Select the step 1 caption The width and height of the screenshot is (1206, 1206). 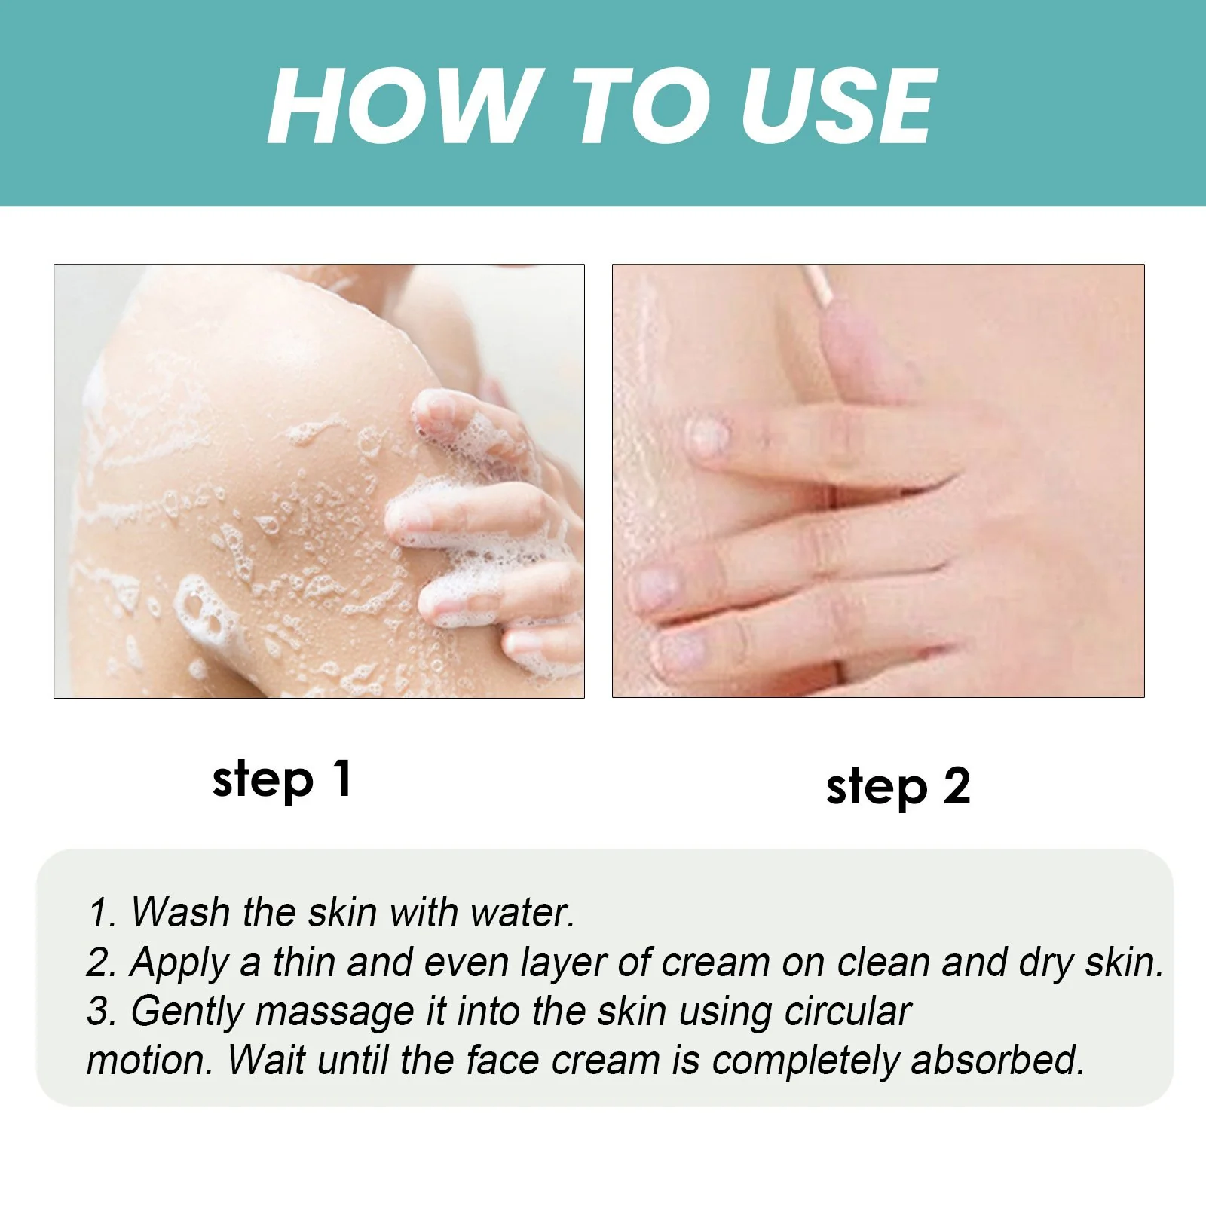(x=282, y=779)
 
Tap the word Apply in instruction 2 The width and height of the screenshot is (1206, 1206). (x=179, y=963)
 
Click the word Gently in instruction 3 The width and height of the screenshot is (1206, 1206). (x=187, y=1012)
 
